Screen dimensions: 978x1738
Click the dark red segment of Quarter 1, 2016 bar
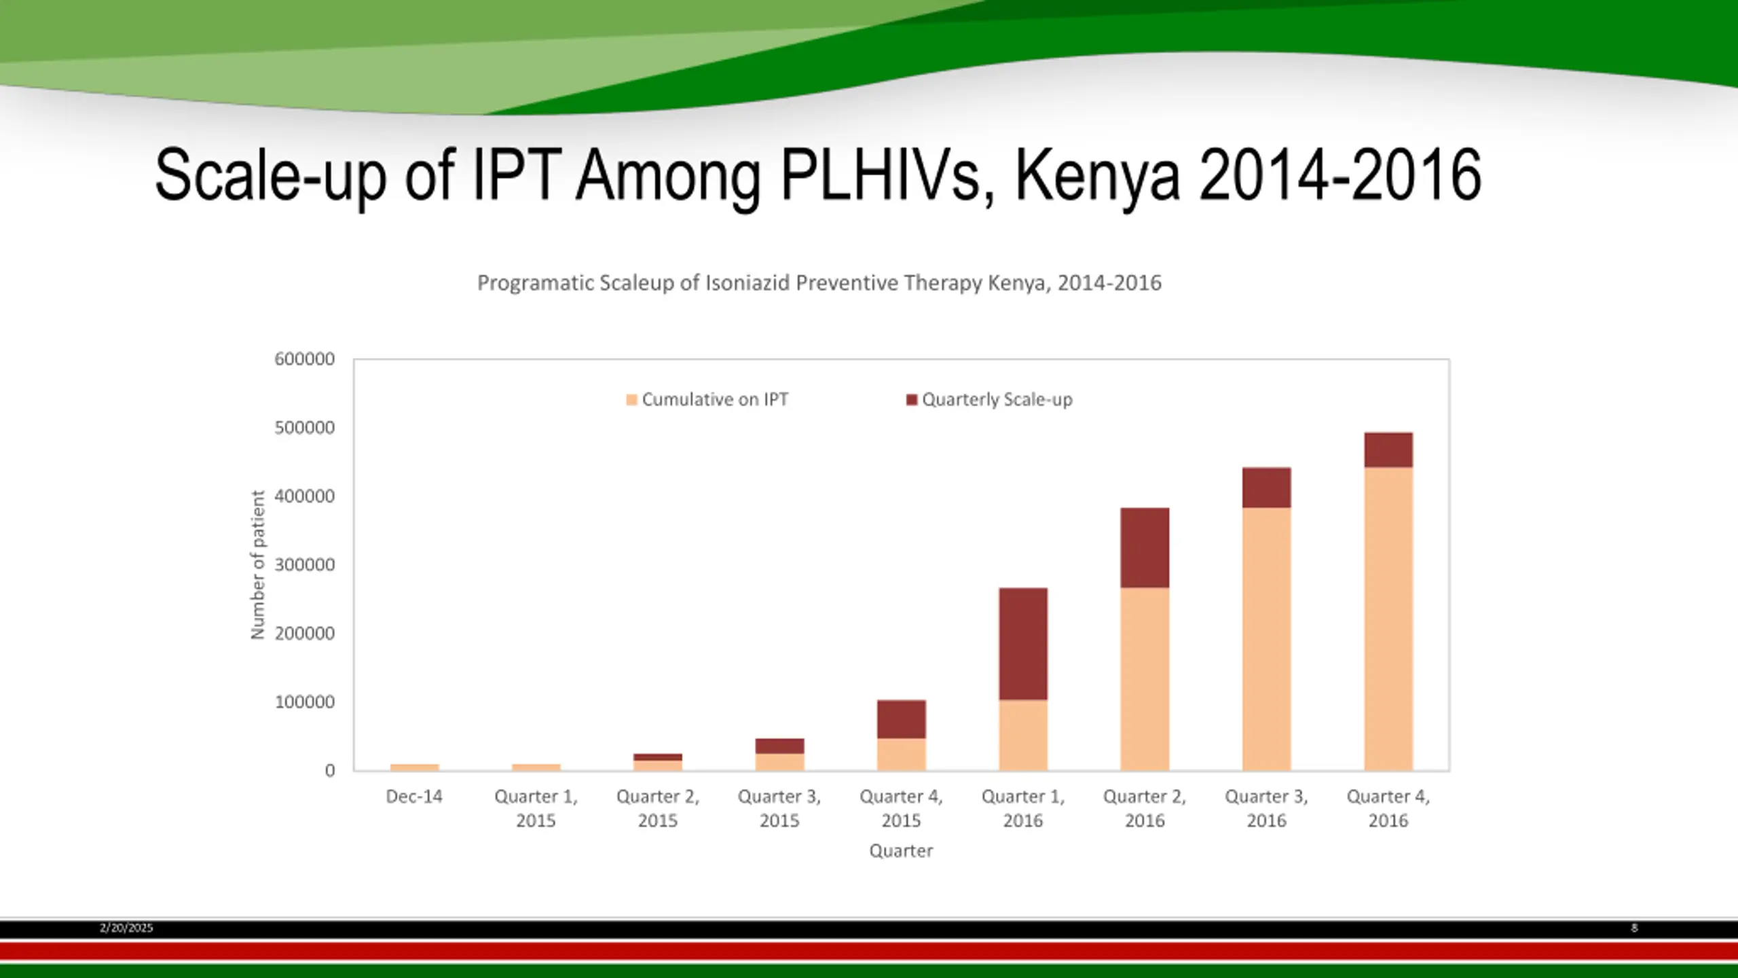pyautogui.click(x=1023, y=643)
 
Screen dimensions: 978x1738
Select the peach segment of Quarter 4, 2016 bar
pyautogui.click(x=1388, y=618)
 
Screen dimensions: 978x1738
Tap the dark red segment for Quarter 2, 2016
pyautogui.click(x=1145, y=547)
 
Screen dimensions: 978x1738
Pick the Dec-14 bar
pyautogui.click(x=415, y=767)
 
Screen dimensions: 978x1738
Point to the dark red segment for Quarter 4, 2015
pyautogui.click(x=901, y=719)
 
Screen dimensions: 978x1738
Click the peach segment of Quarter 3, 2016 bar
pyautogui.click(x=1266, y=638)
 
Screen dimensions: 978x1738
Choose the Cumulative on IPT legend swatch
pyautogui.click(x=631, y=400)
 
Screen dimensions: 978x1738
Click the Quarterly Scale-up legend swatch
pyautogui.click(x=912, y=400)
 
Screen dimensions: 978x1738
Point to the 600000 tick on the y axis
pyautogui.click(x=305, y=359)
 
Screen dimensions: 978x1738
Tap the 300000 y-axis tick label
pyautogui.click(x=305, y=565)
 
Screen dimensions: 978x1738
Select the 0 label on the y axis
pyautogui.click(x=330, y=771)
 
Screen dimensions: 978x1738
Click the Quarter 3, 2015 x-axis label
pyautogui.click(x=779, y=808)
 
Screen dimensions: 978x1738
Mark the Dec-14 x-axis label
pyautogui.click(x=414, y=797)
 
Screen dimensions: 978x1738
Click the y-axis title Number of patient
pyautogui.click(x=258, y=564)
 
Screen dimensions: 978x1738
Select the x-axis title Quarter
pyautogui.click(x=901, y=851)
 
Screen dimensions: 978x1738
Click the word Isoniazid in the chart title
pyautogui.click(x=747, y=283)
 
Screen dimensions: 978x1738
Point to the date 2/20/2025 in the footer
pyautogui.click(x=126, y=928)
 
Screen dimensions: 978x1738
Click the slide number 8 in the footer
pyautogui.click(x=1634, y=928)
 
